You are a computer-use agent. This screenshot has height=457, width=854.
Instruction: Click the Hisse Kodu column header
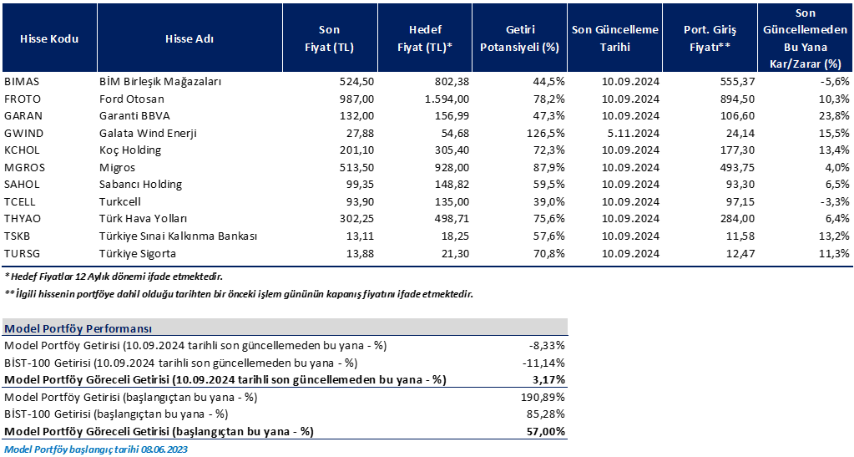[49, 38]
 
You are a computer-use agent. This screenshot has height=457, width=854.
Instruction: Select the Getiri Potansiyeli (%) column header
[519, 38]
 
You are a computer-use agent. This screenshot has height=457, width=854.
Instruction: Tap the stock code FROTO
[23, 99]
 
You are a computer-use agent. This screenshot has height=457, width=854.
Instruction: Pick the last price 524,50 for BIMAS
[356, 82]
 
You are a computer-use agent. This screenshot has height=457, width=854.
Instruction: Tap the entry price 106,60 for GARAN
[737, 116]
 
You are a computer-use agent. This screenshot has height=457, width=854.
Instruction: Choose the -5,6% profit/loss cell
[836, 82]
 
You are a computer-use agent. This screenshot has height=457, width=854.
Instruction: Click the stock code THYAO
[23, 219]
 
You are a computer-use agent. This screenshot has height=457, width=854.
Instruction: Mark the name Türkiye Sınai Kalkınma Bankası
[178, 236]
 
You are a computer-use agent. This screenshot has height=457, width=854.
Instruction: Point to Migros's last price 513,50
[356, 167]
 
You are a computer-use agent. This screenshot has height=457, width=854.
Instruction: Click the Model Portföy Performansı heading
[78, 328]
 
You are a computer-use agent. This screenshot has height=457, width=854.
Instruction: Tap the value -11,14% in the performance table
[543, 363]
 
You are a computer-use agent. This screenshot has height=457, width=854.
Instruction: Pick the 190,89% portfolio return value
[543, 397]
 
